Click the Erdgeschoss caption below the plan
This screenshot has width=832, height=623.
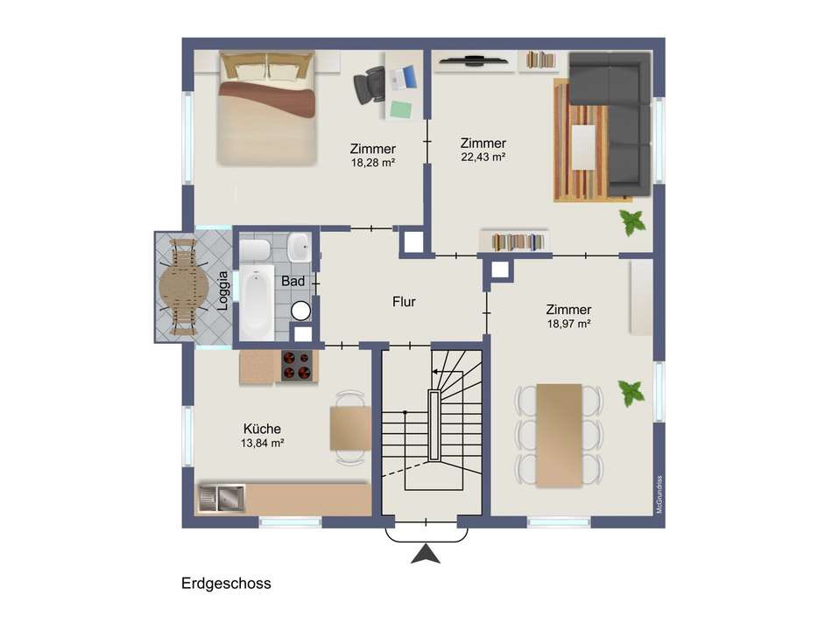(226, 584)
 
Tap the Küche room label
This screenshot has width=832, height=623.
(262, 429)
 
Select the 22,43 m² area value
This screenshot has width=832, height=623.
(483, 157)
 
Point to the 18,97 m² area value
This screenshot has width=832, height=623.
(568, 324)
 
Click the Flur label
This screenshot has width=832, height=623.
(404, 302)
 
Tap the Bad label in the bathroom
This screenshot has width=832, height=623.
(293, 281)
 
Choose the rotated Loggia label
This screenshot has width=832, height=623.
(223, 290)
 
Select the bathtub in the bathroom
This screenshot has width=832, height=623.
(257, 303)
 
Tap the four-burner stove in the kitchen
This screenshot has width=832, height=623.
(296, 366)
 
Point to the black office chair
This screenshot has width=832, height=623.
(368, 85)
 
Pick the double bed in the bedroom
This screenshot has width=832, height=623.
(267, 108)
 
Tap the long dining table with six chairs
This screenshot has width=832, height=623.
(560, 435)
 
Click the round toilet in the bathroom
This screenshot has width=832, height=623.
(301, 311)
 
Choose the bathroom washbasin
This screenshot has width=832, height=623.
(300, 247)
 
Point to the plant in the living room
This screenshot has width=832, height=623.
(632, 222)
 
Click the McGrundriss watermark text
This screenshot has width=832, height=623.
(659, 494)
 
